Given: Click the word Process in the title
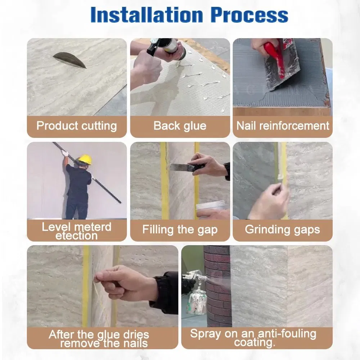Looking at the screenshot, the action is (249, 15).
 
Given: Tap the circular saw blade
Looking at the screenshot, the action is (70, 59).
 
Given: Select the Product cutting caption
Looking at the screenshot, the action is (76, 126).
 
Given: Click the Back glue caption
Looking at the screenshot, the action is (180, 126).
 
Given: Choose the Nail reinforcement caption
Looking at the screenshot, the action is (283, 126).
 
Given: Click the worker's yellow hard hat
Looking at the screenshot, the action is (85, 159).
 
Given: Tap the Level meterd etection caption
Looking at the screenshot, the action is (76, 231).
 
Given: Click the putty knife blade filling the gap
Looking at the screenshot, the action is (179, 167).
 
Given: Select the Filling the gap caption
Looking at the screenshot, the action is (180, 230).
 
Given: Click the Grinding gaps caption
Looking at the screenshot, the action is (282, 230).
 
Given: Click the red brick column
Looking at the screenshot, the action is (218, 286).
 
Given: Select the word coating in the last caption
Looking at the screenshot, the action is (255, 343).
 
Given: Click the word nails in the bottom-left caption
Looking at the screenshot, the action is (135, 343).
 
